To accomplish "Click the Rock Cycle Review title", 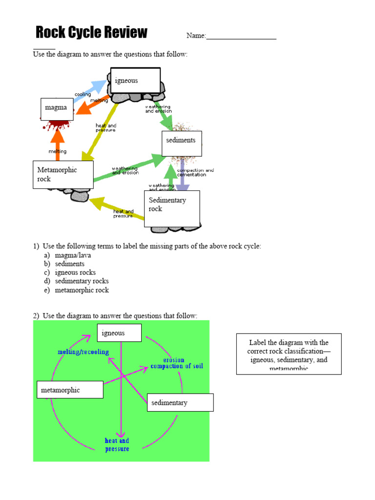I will click(91, 33).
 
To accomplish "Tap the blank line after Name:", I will click(241, 37).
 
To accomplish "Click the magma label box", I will click(57, 108).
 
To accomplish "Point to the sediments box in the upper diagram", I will click(181, 144).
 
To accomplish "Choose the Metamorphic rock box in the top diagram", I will click(63, 174).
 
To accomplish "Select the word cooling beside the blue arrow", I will click(83, 94).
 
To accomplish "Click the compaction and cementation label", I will click(195, 172).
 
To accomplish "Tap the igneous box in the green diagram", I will click(119, 333).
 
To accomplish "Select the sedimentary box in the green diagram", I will click(180, 402).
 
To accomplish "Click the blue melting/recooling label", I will click(83, 352).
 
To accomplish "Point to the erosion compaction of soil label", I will click(176, 363).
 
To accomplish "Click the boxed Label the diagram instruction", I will click(289, 354).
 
